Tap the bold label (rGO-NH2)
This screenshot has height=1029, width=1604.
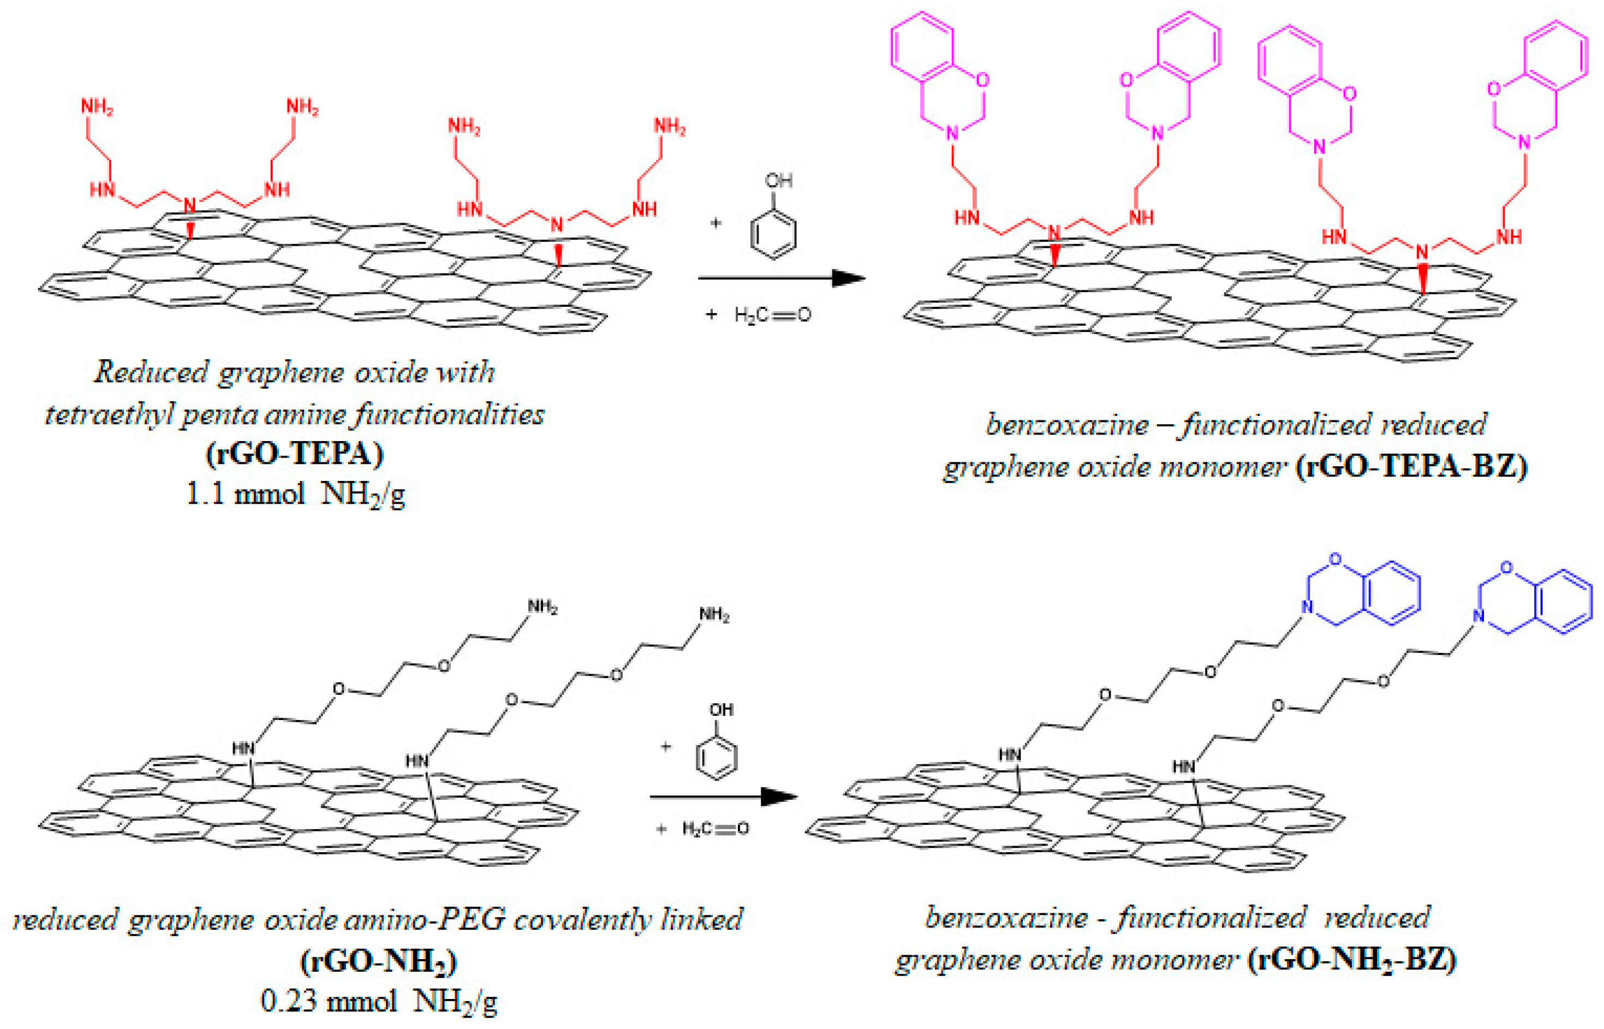click(x=379, y=962)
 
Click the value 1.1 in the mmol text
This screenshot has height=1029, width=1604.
click(x=205, y=495)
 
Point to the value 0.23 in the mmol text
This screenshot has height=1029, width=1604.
click(x=289, y=1002)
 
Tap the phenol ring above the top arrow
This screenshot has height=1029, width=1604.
click(x=773, y=234)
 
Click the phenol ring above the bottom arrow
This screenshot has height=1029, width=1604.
click(x=717, y=758)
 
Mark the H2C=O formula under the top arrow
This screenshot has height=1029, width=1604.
click(x=772, y=315)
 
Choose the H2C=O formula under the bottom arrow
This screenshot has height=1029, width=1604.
click(x=715, y=829)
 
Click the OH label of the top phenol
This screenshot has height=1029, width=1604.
click(x=778, y=180)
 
